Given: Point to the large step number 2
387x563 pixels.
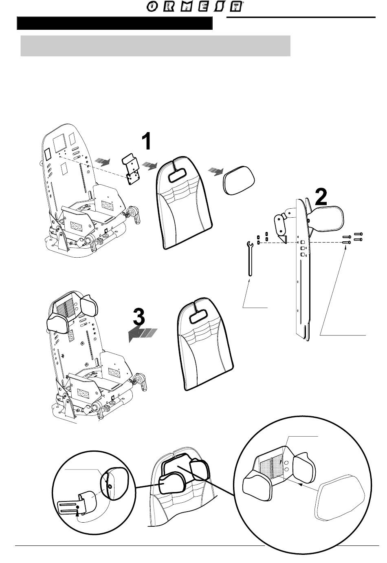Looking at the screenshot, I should click(x=321, y=197).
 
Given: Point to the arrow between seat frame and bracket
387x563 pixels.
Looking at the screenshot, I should click(x=101, y=162).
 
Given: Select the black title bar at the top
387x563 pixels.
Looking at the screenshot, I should click(x=114, y=24).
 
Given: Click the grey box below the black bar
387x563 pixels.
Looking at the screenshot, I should click(x=155, y=46).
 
